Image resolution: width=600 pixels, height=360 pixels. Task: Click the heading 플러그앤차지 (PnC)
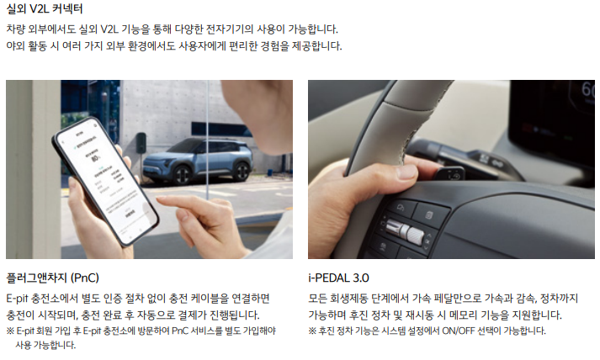(x=53, y=277)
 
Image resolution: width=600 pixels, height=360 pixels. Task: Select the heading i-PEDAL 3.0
(x=338, y=277)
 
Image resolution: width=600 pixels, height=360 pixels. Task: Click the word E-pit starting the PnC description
(x=19, y=299)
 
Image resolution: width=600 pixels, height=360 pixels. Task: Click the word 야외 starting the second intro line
(x=16, y=46)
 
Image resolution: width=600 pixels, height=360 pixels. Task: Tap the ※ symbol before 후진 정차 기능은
(x=313, y=331)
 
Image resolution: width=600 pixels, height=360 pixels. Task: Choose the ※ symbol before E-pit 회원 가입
(x=10, y=331)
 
